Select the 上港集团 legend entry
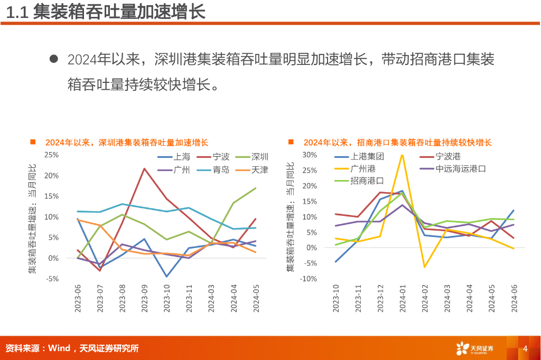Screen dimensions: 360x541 (x=367, y=157)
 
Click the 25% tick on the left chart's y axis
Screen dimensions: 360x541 (x=51, y=155)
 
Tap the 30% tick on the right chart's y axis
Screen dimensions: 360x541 (x=309, y=155)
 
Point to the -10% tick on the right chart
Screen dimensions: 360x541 (x=308, y=279)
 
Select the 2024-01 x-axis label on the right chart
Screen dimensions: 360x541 (x=402, y=298)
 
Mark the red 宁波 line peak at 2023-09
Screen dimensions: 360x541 (x=144, y=168)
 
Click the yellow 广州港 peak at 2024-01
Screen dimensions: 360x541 (x=402, y=155)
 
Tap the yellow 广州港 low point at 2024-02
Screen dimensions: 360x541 (x=424, y=267)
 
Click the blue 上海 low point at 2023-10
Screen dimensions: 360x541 (x=166, y=276)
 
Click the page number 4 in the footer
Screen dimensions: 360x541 (x=525, y=349)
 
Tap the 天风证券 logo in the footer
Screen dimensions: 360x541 (x=474, y=348)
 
